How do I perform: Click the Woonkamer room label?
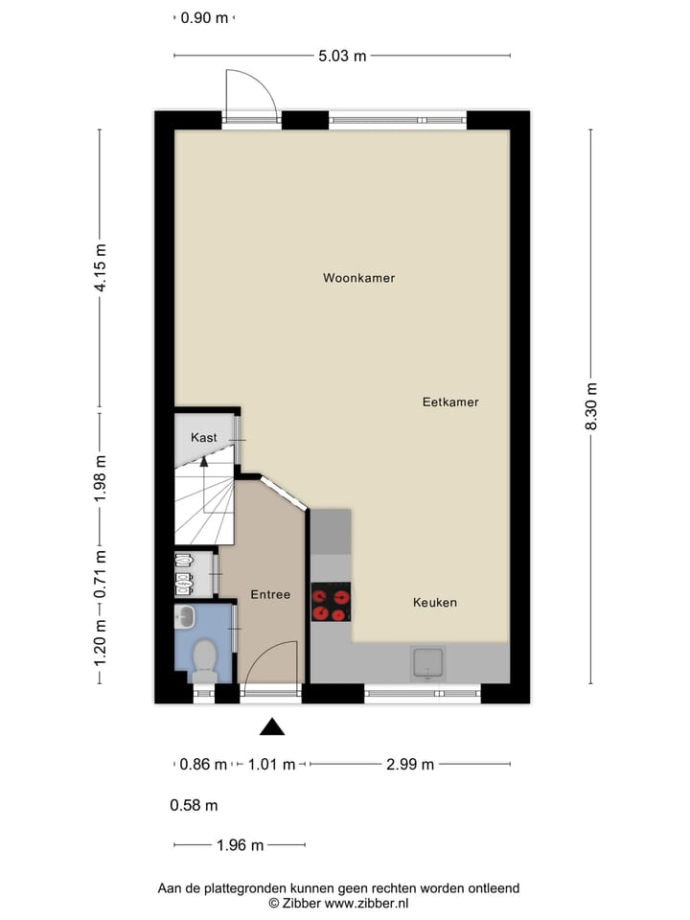tap(359, 278)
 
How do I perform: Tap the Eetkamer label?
tap(450, 402)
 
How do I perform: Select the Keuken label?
tap(435, 603)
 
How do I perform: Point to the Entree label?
tap(270, 594)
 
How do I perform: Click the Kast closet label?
tap(204, 437)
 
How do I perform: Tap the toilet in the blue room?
tap(203, 659)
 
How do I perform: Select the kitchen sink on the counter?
tap(427, 661)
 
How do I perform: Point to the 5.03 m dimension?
tap(342, 56)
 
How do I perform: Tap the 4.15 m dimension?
tap(100, 271)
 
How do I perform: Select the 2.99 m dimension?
tap(409, 764)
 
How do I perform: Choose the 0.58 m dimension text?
tap(194, 805)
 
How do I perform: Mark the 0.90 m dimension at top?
tap(205, 17)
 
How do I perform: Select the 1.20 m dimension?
tap(100, 642)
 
